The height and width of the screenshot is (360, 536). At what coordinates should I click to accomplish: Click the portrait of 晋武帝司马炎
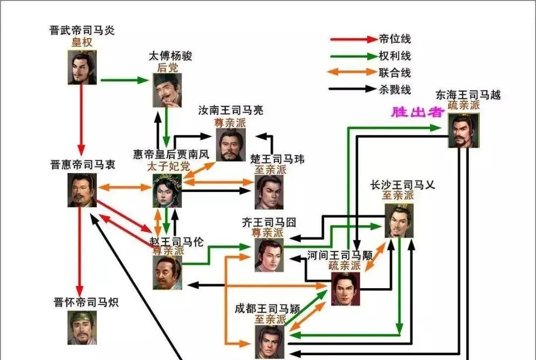click(82, 67)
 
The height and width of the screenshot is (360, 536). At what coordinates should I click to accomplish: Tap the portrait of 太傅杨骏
click(167, 90)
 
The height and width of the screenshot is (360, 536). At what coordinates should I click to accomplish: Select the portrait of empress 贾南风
click(167, 190)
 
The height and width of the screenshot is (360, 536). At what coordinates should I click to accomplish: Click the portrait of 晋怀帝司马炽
click(82, 328)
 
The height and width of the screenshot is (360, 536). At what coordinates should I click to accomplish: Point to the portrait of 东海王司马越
click(464, 130)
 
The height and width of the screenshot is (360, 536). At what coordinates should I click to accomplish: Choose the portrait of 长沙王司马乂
click(399, 221)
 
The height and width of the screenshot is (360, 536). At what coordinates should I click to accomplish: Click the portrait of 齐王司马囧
click(269, 255)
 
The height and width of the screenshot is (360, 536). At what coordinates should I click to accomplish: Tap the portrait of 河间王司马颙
click(345, 289)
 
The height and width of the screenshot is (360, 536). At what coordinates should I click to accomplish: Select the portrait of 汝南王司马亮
click(231, 145)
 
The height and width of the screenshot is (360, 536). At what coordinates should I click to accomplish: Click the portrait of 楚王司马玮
click(269, 192)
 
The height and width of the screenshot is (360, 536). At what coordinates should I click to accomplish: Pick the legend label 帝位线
click(395, 39)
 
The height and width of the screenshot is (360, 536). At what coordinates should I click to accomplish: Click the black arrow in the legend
click(352, 89)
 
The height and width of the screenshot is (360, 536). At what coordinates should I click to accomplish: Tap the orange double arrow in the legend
click(352, 72)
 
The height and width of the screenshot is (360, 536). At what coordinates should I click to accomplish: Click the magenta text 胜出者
click(417, 112)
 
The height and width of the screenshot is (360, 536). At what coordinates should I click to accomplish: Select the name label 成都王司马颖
click(268, 309)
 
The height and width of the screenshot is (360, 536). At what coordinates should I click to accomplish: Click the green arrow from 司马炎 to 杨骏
click(125, 80)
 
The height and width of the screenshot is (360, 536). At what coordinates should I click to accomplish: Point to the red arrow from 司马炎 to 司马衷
click(81, 120)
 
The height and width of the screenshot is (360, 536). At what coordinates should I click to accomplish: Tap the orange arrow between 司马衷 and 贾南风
click(125, 187)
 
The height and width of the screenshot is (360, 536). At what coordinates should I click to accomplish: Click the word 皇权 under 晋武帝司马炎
click(82, 42)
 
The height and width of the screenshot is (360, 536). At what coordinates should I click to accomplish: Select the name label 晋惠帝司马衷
click(83, 165)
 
